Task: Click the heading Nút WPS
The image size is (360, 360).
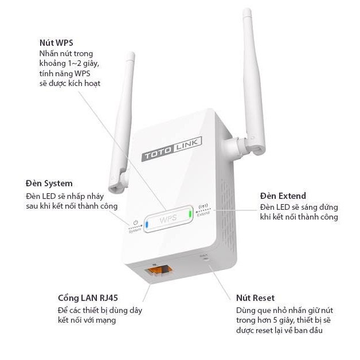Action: [x=56, y=43]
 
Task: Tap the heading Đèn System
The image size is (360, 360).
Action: [x=49, y=183]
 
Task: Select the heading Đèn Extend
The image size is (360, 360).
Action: [x=283, y=195]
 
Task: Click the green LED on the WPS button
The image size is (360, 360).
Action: [x=190, y=214]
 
